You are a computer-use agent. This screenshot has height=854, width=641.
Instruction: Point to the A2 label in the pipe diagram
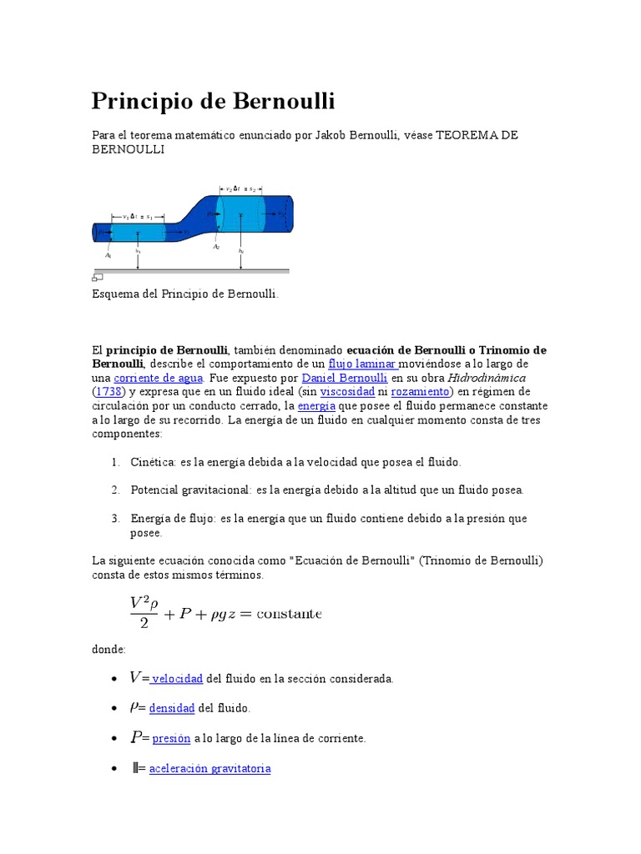tap(216, 247)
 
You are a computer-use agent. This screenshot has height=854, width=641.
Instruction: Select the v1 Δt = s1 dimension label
tap(137, 216)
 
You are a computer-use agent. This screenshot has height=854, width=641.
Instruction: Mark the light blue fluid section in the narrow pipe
tap(138, 231)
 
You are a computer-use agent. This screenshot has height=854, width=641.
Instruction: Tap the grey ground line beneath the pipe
tap(192, 270)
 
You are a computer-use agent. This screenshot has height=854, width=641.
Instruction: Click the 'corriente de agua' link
tap(150, 378)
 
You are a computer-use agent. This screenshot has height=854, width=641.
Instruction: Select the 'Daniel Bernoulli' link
tap(348, 378)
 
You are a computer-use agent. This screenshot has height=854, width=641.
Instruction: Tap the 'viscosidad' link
tap(347, 391)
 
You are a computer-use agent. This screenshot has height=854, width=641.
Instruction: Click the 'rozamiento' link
tap(421, 391)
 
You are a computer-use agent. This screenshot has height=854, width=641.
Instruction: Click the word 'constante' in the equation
tap(289, 614)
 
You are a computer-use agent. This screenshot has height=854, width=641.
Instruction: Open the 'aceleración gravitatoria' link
tap(209, 768)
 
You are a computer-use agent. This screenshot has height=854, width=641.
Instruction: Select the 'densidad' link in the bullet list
tap(172, 708)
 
